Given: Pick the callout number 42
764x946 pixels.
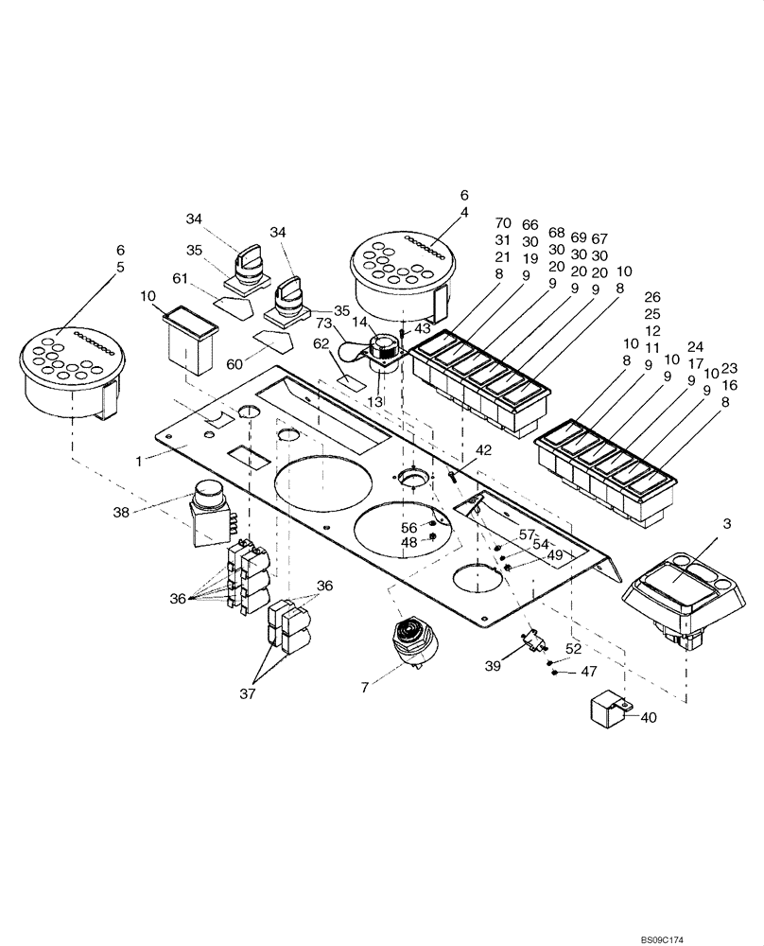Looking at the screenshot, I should [x=483, y=450].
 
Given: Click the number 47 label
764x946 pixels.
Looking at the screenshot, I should [x=588, y=672].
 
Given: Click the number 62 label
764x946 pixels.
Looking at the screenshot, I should [x=321, y=344].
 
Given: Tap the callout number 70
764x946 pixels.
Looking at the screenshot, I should [x=502, y=225].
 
